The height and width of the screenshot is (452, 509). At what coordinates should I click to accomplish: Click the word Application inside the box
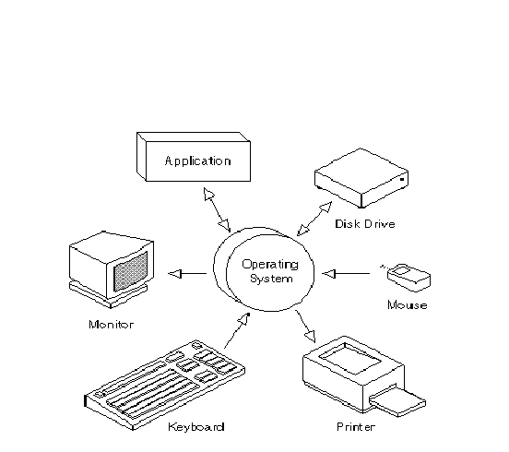[x=197, y=161]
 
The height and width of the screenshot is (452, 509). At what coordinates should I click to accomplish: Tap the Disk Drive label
[x=365, y=224]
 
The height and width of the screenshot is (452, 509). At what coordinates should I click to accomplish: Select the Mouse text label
[x=408, y=305]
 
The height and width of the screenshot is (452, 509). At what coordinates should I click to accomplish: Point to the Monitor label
[x=111, y=325]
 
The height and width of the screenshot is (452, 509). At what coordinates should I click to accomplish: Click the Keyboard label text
[x=196, y=426]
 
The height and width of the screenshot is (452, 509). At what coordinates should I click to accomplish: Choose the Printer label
[x=356, y=426]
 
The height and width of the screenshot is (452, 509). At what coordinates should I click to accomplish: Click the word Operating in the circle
[x=270, y=265]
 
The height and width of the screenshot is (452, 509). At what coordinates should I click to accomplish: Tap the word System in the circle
[x=271, y=279]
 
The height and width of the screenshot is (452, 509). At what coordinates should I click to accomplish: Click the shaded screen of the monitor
[x=131, y=271]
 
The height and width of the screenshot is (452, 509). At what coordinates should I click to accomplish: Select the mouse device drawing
[x=408, y=278]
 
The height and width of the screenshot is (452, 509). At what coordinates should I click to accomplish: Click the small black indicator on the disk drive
[x=402, y=179]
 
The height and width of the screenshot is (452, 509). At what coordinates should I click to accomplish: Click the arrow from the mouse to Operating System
[x=346, y=274]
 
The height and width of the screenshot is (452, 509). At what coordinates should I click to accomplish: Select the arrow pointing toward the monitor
[x=187, y=274]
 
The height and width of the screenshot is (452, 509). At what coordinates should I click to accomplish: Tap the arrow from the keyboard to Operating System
[x=237, y=330]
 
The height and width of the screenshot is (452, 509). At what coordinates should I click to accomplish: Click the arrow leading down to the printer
[x=305, y=326]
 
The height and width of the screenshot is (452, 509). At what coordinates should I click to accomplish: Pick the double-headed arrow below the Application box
[x=218, y=209]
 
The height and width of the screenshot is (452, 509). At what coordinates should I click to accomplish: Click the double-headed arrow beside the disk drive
[x=314, y=219]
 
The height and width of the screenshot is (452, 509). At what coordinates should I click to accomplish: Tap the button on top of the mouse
[x=402, y=270]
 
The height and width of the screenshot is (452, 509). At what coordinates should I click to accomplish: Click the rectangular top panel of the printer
[x=350, y=358]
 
